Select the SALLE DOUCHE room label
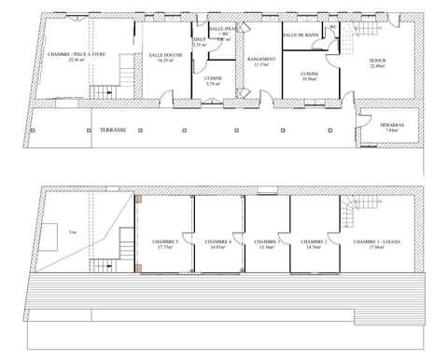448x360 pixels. [x=165, y=55]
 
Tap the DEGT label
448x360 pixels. [x=198, y=39]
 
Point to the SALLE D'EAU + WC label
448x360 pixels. [x=224, y=32]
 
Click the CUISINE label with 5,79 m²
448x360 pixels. [x=214, y=79]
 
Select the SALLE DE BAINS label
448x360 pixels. [x=301, y=35]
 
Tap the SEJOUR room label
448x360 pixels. [x=378, y=60]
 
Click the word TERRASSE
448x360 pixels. [x=113, y=131]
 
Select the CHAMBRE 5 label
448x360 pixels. [x=165, y=242]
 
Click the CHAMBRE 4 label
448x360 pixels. [x=219, y=242]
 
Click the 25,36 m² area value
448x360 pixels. [x=76, y=61]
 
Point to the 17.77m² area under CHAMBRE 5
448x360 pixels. [x=165, y=247]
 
